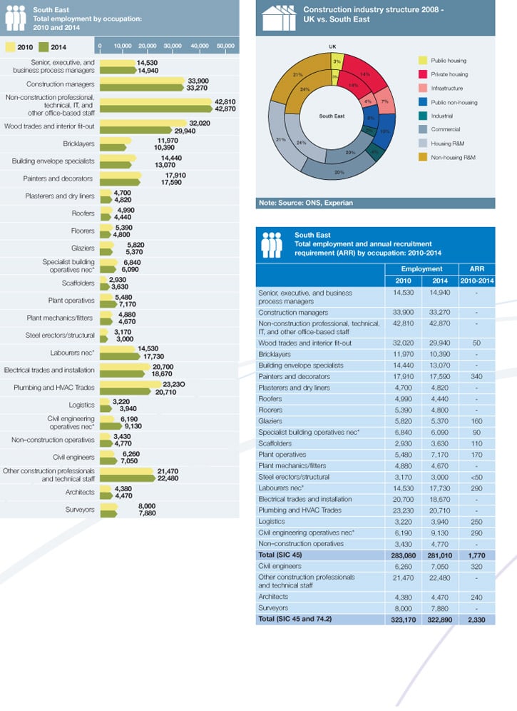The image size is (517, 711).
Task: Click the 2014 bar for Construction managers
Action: (x=143, y=88)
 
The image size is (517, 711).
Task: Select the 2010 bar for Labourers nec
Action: (x=118, y=349)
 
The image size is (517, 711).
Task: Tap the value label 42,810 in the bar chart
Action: (x=225, y=101)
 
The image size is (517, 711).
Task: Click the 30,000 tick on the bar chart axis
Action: (x=173, y=46)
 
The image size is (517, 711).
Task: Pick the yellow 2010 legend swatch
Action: (x=10, y=46)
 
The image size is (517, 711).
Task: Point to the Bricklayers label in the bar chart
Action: (x=79, y=143)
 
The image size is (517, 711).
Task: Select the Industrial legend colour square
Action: (x=423, y=116)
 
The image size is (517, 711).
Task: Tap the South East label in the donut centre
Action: (x=332, y=116)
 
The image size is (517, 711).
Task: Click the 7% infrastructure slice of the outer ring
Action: (x=386, y=101)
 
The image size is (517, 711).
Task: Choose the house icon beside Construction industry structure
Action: (x=279, y=18)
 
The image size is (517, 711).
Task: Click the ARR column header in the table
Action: (x=476, y=269)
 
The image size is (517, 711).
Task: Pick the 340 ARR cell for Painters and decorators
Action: (x=476, y=376)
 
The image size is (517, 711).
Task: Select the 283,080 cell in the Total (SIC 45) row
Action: (x=404, y=555)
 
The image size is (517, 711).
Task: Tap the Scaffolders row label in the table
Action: (x=275, y=443)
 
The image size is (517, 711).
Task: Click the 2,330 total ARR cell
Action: (x=476, y=620)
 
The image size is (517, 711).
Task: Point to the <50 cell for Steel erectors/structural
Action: (x=476, y=477)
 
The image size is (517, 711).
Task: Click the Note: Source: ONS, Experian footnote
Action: (x=306, y=203)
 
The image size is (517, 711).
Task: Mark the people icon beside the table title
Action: (x=272, y=245)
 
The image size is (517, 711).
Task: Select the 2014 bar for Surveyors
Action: (x=108, y=514)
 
